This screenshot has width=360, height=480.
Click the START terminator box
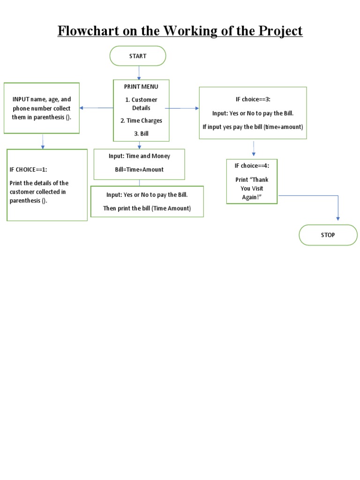tap(138, 56)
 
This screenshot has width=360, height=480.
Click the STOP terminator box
tap(328, 235)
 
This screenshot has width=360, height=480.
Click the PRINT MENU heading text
tap(141, 87)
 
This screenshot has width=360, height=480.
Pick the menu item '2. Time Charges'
tap(141, 120)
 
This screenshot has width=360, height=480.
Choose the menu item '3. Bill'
tap(141, 134)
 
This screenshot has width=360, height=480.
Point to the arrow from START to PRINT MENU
tap(139, 72)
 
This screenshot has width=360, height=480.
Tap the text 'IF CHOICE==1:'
tap(28, 170)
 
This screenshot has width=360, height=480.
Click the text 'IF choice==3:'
tap(253, 99)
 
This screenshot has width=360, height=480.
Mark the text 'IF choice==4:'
tap(252, 165)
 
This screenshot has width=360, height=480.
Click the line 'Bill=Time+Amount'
tap(139, 169)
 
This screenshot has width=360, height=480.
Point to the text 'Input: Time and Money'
tap(139, 156)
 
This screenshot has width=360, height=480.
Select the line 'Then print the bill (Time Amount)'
tap(147, 209)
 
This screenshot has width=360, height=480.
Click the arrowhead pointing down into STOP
tap(337, 217)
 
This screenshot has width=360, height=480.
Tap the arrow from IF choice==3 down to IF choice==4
tap(254, 149)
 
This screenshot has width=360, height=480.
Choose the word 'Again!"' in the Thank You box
tap(252, 197)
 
